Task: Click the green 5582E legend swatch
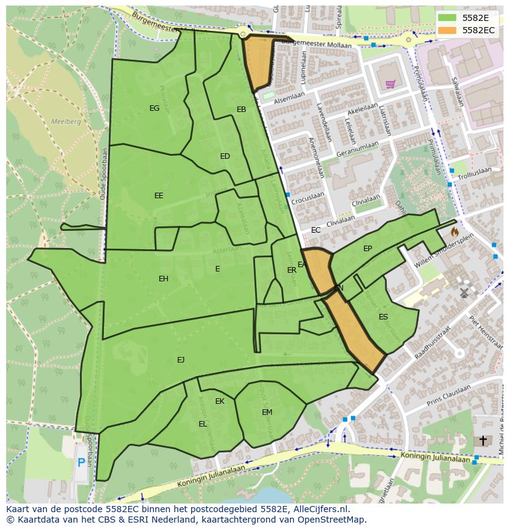(447, 18)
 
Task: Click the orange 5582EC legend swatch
(447, 30)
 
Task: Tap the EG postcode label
(154, 108)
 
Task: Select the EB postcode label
(241, 110)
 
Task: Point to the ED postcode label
(225, 156)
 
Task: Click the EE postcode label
(159, 196)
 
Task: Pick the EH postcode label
(164, 279)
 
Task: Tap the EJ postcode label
(181, 359)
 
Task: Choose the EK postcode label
(219, 401)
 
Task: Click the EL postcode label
(203, 424)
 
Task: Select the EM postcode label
(267, 412)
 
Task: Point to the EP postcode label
(368, 249)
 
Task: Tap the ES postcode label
(383, 317)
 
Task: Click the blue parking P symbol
(81, 463)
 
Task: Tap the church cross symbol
(483, 441)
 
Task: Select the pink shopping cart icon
(390, 84)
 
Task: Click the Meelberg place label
(66, 122)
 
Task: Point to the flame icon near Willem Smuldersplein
(454, 232)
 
